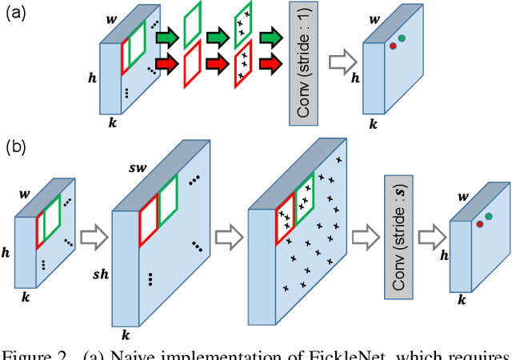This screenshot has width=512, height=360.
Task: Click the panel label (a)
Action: point(15,14)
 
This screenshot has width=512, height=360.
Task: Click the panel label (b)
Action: point(15,148)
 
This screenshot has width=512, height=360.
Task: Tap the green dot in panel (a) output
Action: point(402,38)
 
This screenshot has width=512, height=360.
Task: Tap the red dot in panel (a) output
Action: point(393,47)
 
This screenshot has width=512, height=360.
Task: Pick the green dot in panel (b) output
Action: point(488,217)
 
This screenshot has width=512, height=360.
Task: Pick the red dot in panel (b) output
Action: point(479,225)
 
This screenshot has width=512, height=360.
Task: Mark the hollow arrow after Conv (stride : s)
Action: point(433,235)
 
